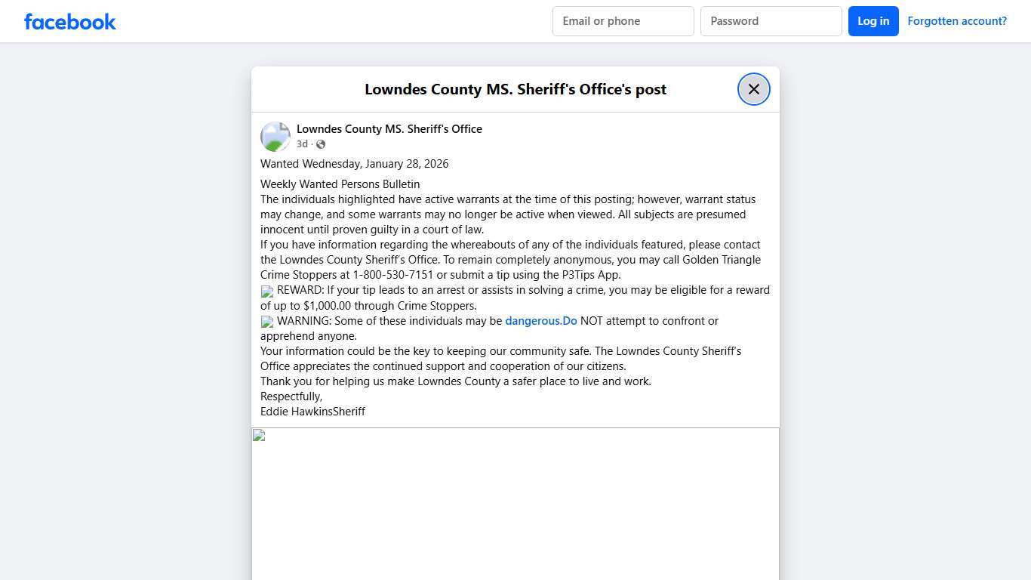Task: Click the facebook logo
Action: pos(70,22)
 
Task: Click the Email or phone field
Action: pos(623,21)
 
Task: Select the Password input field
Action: pos(771,21)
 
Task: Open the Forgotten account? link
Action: pos(956,21)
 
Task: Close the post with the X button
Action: pos(753,89)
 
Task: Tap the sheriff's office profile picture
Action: pos(275,137)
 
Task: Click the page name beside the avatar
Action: pos(389,129)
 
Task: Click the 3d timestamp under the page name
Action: pos(302,144)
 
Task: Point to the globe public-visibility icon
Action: pos(321,144)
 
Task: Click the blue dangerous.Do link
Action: pos(540,321)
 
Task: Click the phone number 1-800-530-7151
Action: pos(392,275)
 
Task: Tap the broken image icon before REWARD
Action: pos(267,292)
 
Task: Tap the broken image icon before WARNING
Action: pos(267,322)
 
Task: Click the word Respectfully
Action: pos(291,396)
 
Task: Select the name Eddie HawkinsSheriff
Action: pos(312,412)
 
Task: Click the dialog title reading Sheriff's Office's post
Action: pos(515,89)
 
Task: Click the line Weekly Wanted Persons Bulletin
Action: pos(340,184)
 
